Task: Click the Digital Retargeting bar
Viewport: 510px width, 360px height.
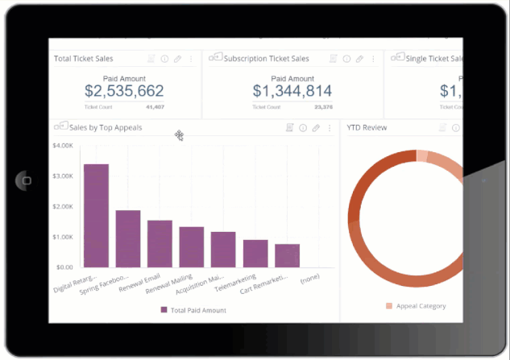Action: tap(96, 215)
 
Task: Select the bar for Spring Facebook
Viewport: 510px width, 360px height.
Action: tap(128, 238)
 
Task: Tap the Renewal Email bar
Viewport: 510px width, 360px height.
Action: tap(160, 243)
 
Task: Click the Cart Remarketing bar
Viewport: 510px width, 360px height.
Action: tap(287, 255)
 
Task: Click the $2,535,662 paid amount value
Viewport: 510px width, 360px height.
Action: tap(124, 91)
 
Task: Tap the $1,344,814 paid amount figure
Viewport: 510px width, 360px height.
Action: tap(292, 91)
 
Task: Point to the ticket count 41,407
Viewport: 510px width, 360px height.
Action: tap(155, 106)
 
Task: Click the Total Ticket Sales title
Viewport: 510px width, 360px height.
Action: tap(84, 59)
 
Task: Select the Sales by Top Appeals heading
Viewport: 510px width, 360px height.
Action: tap(106, 127)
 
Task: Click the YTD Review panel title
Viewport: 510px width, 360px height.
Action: tap(367, 127)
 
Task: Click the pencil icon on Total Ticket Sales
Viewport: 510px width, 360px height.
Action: tap(177, 59)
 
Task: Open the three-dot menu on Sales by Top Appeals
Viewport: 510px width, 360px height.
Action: tap(329, 128)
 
